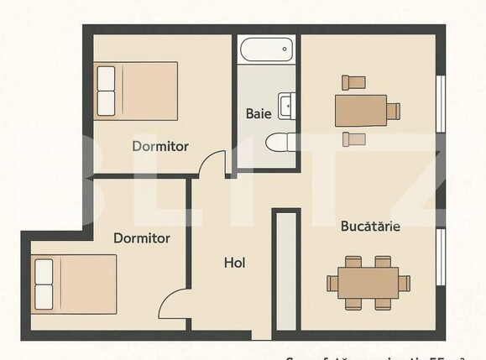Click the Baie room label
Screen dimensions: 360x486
259,113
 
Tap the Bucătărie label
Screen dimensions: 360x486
369,226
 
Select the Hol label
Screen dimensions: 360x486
234,263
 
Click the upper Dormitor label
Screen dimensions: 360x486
160,146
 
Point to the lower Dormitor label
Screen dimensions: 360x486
142,238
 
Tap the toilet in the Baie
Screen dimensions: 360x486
278,143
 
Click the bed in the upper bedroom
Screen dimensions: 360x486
136,90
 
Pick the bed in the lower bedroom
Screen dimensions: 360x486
76,284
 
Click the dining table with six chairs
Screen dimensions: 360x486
368,283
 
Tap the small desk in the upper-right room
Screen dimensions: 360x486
361,110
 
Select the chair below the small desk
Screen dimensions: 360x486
355,138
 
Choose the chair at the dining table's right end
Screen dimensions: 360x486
405,283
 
